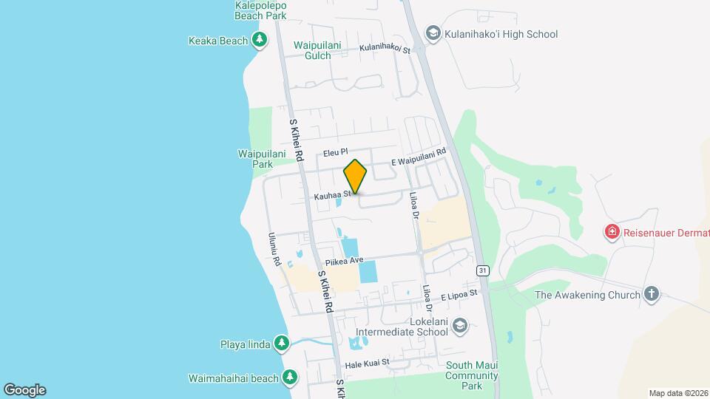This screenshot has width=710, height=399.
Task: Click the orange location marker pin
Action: (355, 176)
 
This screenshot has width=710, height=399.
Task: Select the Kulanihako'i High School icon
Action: (433, 34)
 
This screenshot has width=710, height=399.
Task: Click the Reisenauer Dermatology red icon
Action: (612, 233)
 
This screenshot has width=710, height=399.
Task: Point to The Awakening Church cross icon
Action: (652, 295)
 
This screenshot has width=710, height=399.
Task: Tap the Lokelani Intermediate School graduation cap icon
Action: (459, 326)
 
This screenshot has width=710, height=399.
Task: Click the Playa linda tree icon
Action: (281, 344)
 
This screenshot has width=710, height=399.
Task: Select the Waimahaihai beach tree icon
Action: (290, 378)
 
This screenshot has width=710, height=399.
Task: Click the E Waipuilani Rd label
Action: (419, 157)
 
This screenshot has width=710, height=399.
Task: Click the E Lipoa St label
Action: (459, 295)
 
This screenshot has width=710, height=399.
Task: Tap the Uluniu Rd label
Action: (275, 250)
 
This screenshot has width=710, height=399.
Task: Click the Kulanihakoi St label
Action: (385, 48)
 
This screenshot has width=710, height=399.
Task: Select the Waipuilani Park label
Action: (256, 159)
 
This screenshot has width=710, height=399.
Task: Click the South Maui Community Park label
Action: (475, 375)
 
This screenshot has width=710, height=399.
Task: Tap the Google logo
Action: (24, 390)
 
